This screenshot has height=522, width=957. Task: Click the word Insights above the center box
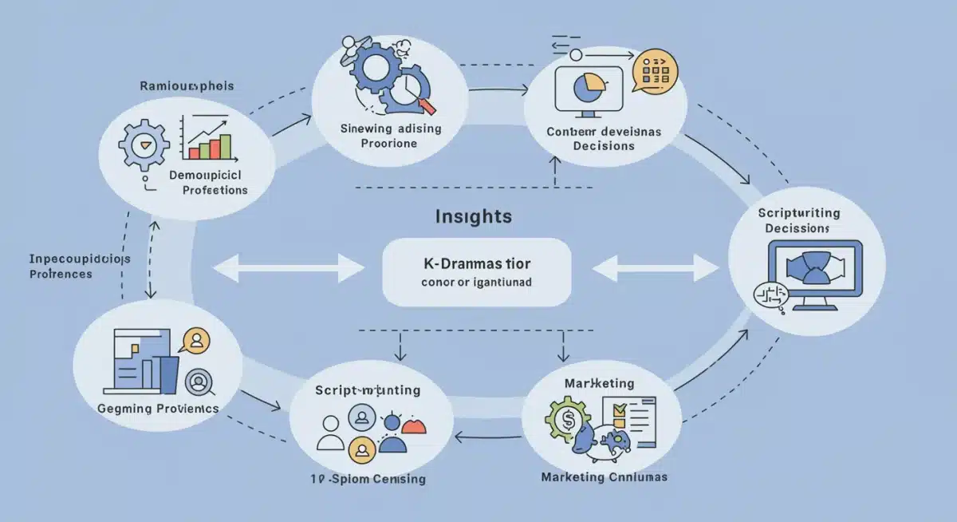(x=474, y=216)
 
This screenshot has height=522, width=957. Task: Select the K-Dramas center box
(x=477, y=271)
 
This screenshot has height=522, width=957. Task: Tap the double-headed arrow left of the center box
(x=288, y=268)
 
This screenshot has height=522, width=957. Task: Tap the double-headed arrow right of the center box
(x=656, y=268)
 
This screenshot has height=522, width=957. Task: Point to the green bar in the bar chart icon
(x=225, y=146)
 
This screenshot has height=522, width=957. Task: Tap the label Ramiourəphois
(x=187, y=86)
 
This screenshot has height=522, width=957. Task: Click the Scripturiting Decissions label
(x=800, y=221)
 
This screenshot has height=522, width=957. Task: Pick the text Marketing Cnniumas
(x=604, y=477)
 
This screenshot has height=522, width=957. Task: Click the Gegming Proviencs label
(x=157, y=408)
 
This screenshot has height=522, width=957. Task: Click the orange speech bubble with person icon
(x=195, y=341)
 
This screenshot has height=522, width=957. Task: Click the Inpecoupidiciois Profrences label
(x=79, y=267)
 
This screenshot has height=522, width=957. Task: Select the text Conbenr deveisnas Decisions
(x=603, y=138)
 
